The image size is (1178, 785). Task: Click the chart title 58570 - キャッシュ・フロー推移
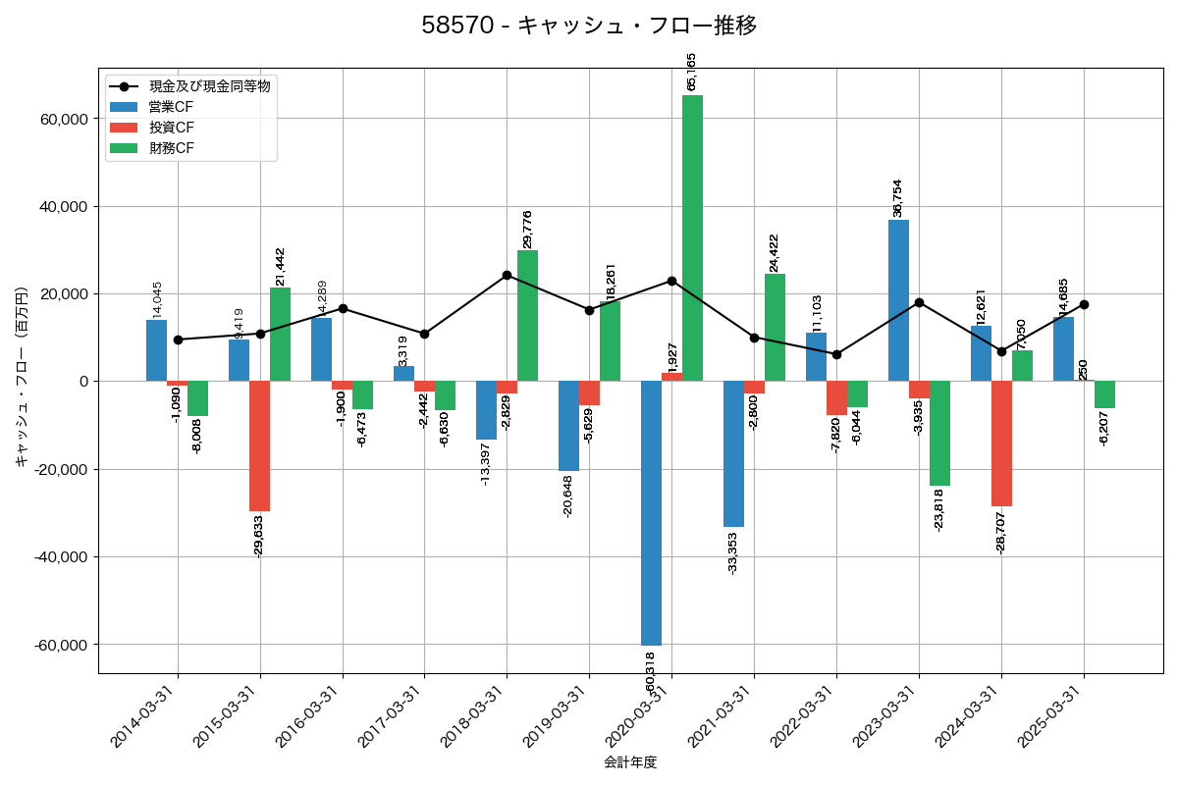point(589,26)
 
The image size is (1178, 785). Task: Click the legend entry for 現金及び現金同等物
point(209,86)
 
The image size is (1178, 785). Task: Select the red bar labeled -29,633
point(259,445)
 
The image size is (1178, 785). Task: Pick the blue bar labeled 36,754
point(898,300)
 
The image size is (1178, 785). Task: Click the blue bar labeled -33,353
point(733,453)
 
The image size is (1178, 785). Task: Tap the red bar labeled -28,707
point(1001,444)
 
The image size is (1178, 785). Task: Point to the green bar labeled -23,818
point(939,433)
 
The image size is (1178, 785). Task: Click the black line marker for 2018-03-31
point(507,275)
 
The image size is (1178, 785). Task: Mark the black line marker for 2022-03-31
point(836,354)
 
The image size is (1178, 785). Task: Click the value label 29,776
point(528,229)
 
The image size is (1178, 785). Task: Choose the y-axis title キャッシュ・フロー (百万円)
point(21,377)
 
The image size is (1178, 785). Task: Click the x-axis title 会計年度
point(629,762)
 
